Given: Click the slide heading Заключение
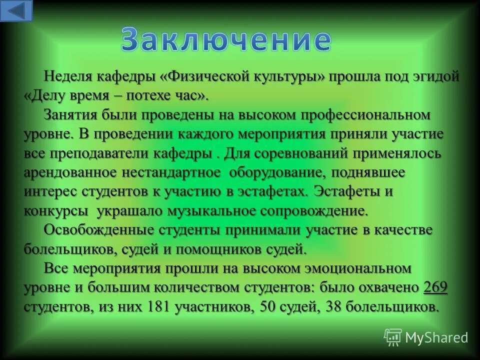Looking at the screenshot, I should point(226,40).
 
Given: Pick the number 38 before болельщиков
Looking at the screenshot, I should point(334,306).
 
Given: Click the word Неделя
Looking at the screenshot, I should point(67,76).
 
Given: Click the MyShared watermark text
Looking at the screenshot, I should point(436,338).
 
